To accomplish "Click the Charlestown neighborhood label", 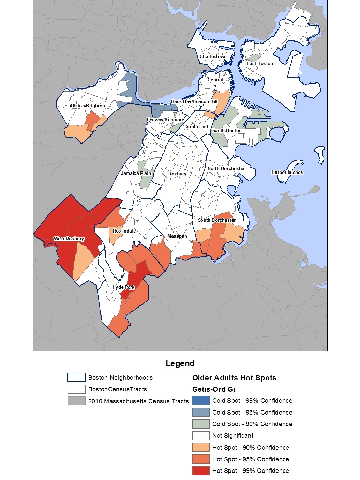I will click(213, 56).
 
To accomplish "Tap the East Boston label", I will click(260, 63).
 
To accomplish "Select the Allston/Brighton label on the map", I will click(87, 106).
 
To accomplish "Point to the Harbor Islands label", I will click(287, 172).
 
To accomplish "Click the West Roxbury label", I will click(69, 239).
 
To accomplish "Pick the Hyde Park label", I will click(123, 287).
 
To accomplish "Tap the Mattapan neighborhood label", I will click(177, 236).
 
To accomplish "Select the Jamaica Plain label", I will click(136, 173).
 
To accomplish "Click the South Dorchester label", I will click(217, 220).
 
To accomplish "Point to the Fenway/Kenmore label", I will click(165, 120).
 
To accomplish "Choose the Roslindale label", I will click(124, 231).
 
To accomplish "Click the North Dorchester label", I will click(226, 168).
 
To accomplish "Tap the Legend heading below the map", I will click(180, 363).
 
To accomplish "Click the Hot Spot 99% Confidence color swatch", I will click(201, 471).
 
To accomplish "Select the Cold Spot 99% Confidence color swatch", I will click(201, 401).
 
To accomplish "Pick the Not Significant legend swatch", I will click(201, 436).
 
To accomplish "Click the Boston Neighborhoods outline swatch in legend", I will click(76, 378).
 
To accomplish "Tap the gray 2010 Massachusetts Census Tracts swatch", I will click(76, 401).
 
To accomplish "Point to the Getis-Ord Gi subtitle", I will click(213, 389).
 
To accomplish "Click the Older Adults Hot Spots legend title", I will click(234, 378).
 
